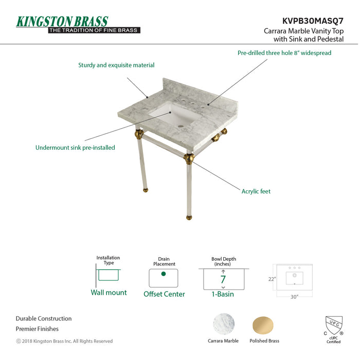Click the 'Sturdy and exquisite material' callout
tap(116, 65)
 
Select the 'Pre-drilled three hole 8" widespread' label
tap(284, 53)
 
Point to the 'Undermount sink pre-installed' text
tap(75, 148)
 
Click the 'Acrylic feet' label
tap(256, 191)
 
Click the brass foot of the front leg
tap(189, 217)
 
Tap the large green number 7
tap(223, 280)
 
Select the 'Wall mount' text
tap(109, 293)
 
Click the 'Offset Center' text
tap(164, 294)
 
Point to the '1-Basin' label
tap(223, 294)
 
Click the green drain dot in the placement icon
tap(164, 274)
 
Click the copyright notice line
tap(64, 341)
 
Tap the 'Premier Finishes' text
tap(37, 329)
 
